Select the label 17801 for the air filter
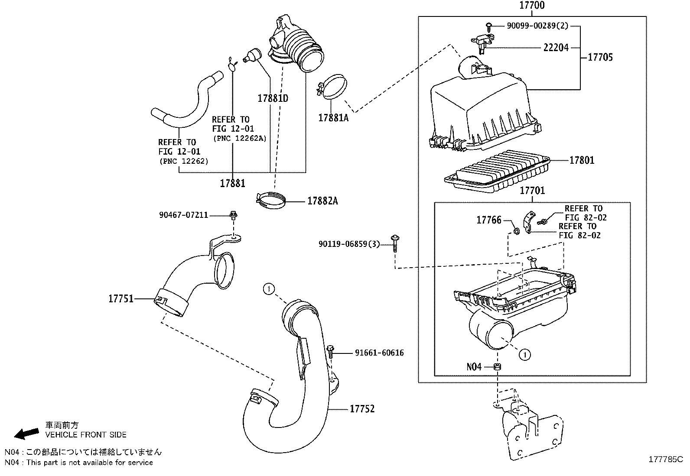(x=582, y=160)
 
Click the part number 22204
(x=556, y=48)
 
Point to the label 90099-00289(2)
(x=537, y=26)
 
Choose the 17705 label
(x=600, y=57)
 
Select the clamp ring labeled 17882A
(x=272, y=201)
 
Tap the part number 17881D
(x=273, y=98)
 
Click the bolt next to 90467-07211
(x=234, y=214)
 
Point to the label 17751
(x=120, y=299)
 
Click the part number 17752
(x=362, y=409)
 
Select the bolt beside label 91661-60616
(x=332, y=351)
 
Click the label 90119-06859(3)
(x=349, y=244)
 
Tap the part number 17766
(x=488, y=220)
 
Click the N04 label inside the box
(x=474, y=367)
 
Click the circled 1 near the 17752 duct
(x=269, y=288)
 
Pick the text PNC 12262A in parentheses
(x=239, y=138)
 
